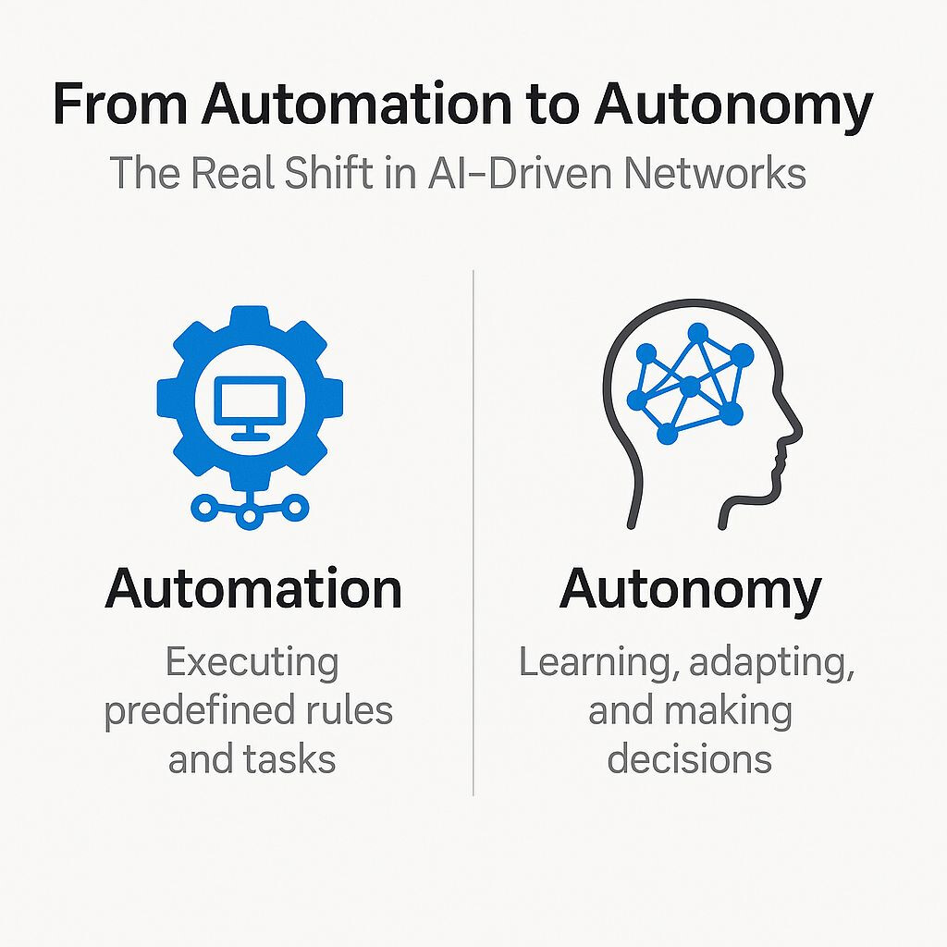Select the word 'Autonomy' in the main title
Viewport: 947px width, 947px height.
[x=732, y=105]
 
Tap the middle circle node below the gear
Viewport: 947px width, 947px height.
[x=248, y=518]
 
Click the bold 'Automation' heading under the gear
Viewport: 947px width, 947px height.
[x=253, y=588]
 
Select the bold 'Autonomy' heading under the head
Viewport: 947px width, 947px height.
[x=690, y=588]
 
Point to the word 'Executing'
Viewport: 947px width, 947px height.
[x=252, y=663]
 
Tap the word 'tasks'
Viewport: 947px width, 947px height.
[x=291, y=758]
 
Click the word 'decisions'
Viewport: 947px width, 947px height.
[x=690, y=758]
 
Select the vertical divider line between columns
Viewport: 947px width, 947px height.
[x=473, y=532]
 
